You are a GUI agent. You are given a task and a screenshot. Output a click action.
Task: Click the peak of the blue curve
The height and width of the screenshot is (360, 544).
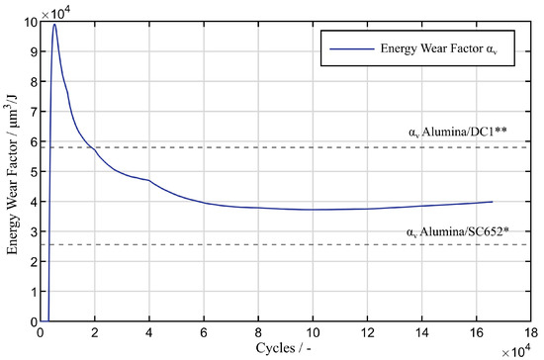pos(54,25)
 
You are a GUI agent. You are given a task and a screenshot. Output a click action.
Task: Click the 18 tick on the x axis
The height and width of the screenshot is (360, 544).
pos(532,334)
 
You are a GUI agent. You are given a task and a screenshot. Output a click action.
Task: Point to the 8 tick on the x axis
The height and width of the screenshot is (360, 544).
pos(258,334)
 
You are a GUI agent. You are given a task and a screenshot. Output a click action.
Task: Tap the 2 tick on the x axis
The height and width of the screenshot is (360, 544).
pos(94,334)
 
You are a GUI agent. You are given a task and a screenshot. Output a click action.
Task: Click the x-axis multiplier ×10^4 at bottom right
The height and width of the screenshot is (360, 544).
pos(520,351)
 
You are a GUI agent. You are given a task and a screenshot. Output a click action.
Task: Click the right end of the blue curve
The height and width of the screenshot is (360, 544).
pos(492,202)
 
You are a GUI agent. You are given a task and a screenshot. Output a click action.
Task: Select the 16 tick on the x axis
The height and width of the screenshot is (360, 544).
pos(478,334)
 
